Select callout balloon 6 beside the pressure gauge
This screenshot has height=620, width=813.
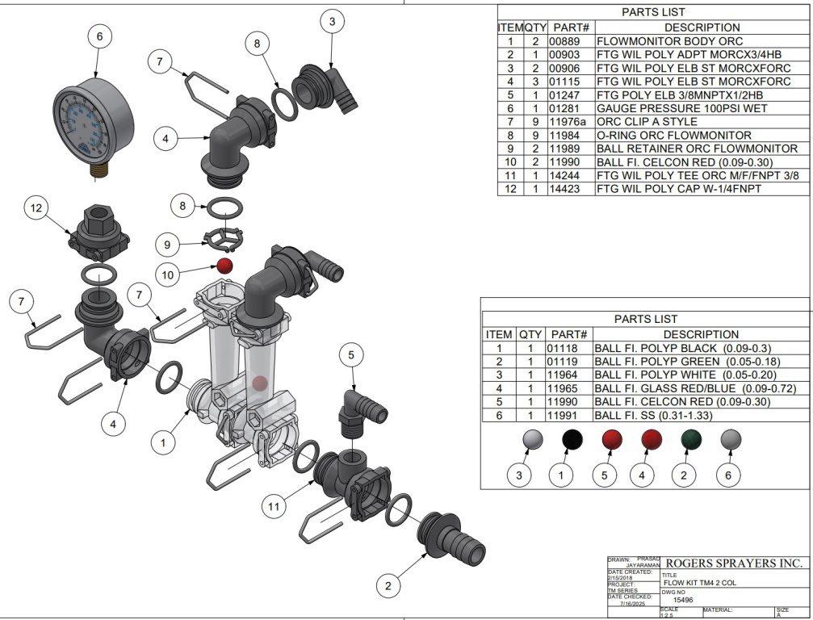tap(99, 36)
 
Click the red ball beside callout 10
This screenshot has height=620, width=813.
tap(225, 266)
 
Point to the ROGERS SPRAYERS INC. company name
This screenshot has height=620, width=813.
tap(733, 563)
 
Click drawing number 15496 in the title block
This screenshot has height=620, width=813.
tap(684, 600)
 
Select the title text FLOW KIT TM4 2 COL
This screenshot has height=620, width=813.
tap(699, 582)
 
